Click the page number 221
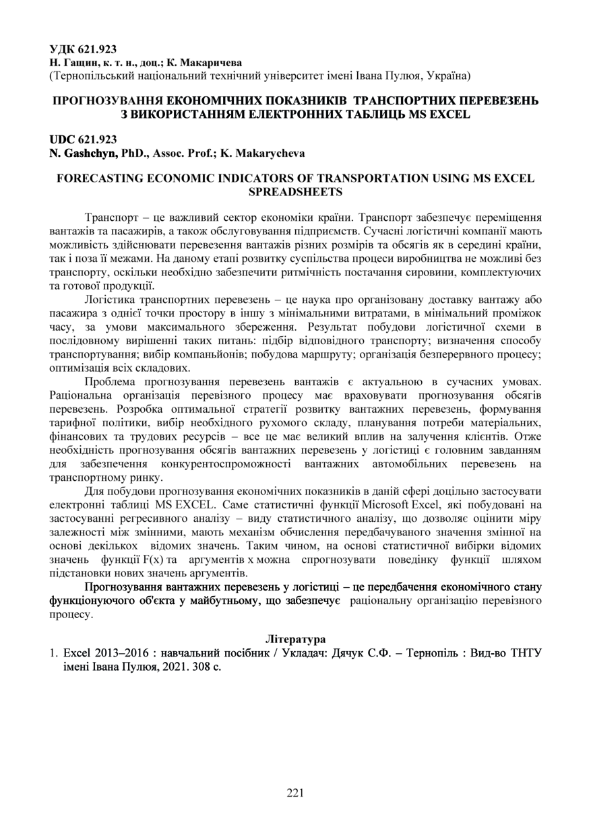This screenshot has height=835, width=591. pos(295,793)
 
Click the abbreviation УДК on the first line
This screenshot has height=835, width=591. pos(63,50)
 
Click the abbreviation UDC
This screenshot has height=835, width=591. pos(63,139)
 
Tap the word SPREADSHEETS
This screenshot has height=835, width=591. pos(295,192)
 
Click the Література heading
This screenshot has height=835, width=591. pos(295,637)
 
